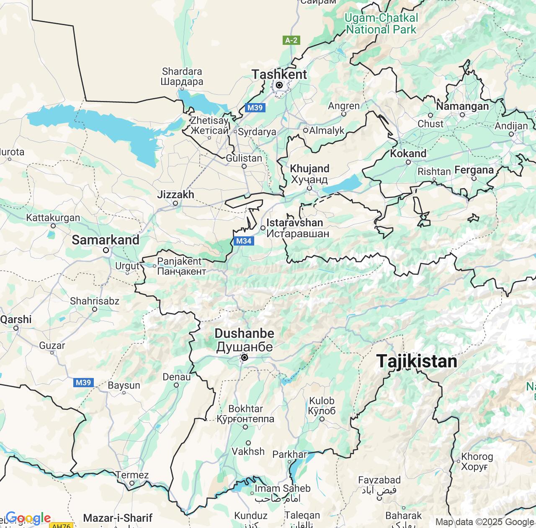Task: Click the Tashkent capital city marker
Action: [x=279, y=85]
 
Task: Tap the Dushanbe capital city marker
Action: [x=245, y=357]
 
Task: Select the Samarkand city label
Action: [x=106, y=240]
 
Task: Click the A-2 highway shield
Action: [x=291, y=40]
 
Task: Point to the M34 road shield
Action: [x=244, y=241]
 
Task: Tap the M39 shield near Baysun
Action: [x=83, y=382]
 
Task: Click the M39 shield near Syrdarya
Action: [x=255, y=108]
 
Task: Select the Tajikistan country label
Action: [x=417, y=361]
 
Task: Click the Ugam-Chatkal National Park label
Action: [x=381, y=23]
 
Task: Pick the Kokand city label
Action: [x=408, y=153]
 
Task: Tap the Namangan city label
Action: [x=462, y=106]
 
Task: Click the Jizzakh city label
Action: [x=175, y=194]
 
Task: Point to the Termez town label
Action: [x=132, y=475]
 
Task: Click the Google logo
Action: [x=28, y=518]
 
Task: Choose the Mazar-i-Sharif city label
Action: [x=118, y=518]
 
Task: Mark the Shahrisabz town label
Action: [x=95, y=301]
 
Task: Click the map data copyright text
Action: [x=484, y=522]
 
